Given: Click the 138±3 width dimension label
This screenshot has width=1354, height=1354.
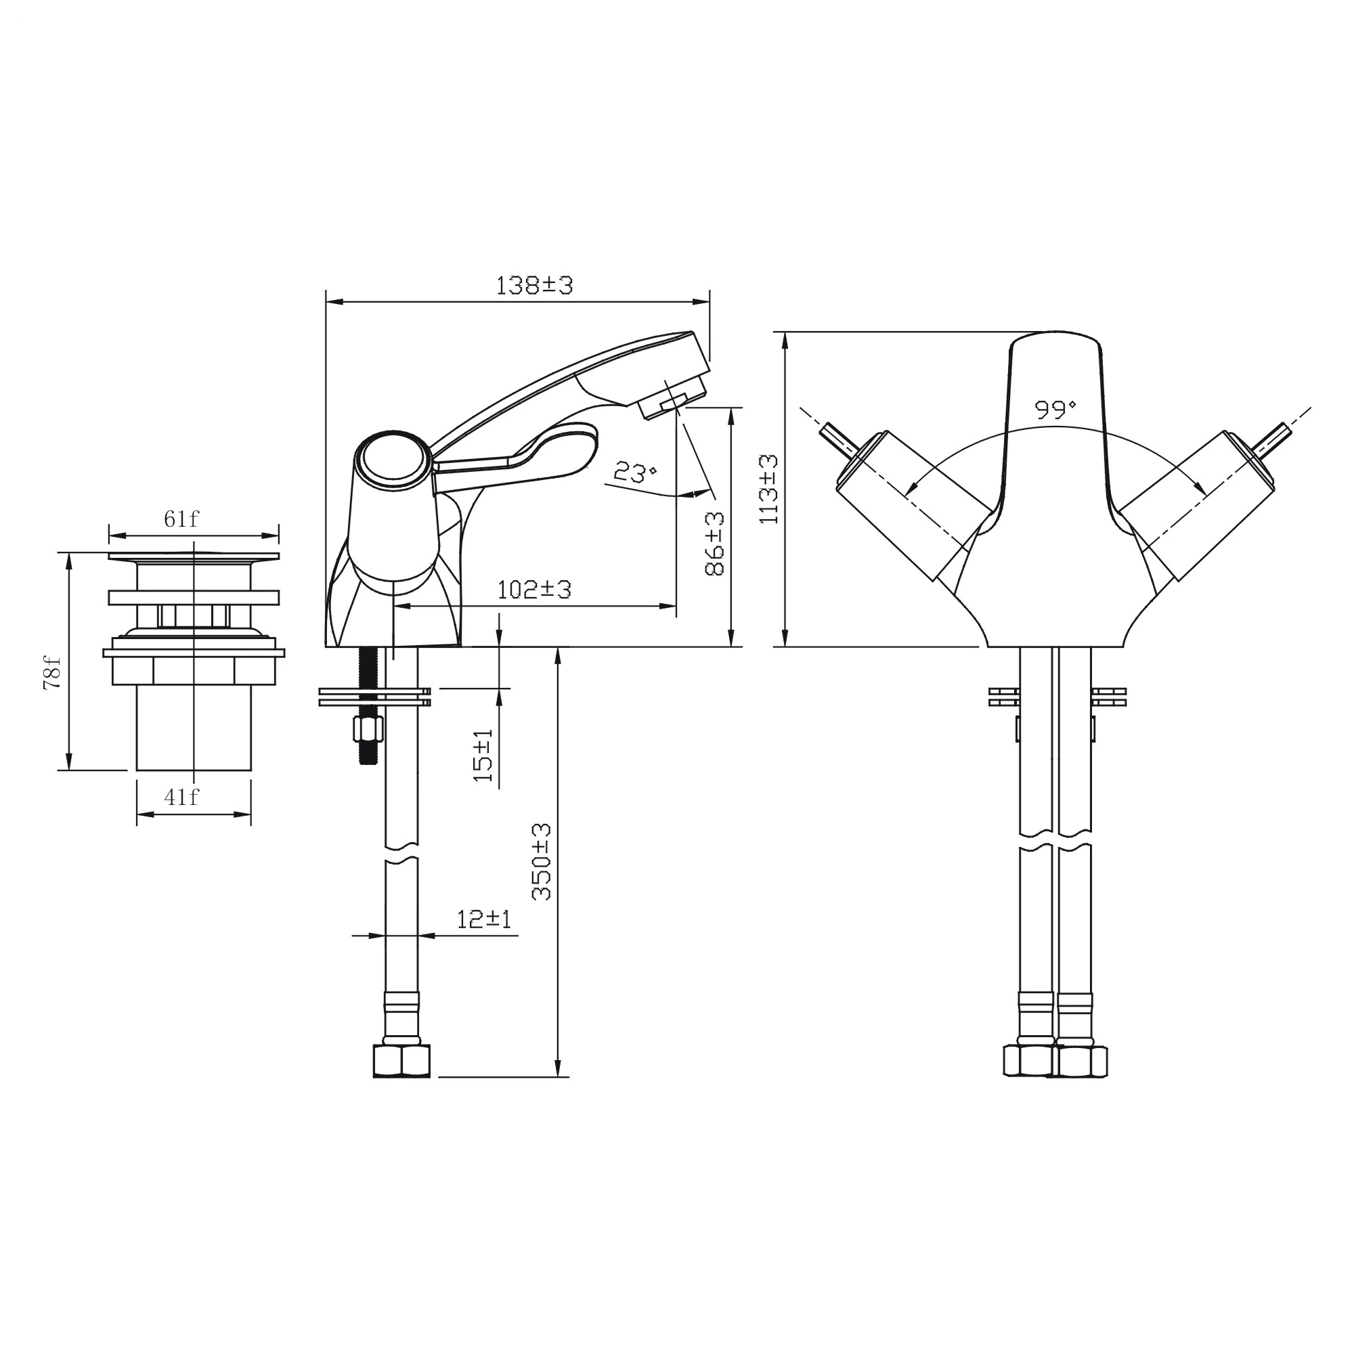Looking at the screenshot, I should click(x=534, y=286).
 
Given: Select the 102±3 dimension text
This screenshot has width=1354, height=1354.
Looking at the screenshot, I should click(x=534, y=590).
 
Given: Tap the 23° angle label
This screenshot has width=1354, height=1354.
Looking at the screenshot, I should click(x=634, y=473).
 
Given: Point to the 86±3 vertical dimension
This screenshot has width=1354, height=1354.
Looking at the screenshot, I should click(x=714, y=544).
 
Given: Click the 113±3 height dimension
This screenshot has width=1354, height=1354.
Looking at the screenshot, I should click(x=769, y=489).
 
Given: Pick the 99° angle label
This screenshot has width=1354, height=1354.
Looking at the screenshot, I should click(x=1055, y=410).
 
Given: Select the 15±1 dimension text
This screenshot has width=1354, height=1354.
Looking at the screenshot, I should click(x=483, y=756).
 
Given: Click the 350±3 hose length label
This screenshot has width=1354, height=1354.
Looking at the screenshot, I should click(x=542, y=861).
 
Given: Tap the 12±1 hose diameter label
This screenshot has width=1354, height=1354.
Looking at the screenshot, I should click(x=483, y=919).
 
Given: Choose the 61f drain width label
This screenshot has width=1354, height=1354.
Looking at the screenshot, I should click(x=181, y=519).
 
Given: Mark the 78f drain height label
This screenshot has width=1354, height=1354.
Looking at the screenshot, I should click(x=53, y=674).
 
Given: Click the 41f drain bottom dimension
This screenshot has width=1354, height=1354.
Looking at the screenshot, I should click(x=181, y=797).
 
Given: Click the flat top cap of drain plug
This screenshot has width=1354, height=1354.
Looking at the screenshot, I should click(x=194, y=556).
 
